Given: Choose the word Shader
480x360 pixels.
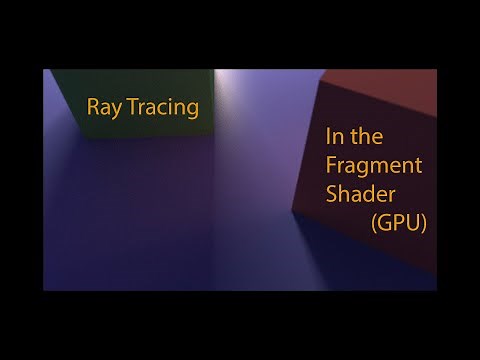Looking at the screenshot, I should pos(359,194).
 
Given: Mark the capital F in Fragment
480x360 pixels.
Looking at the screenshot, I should pos(330,166).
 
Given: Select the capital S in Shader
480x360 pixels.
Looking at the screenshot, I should pos(331,194).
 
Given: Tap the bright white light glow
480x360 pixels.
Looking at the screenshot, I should pos(220,85).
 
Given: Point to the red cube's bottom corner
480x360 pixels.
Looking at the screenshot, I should pos(293,211).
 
